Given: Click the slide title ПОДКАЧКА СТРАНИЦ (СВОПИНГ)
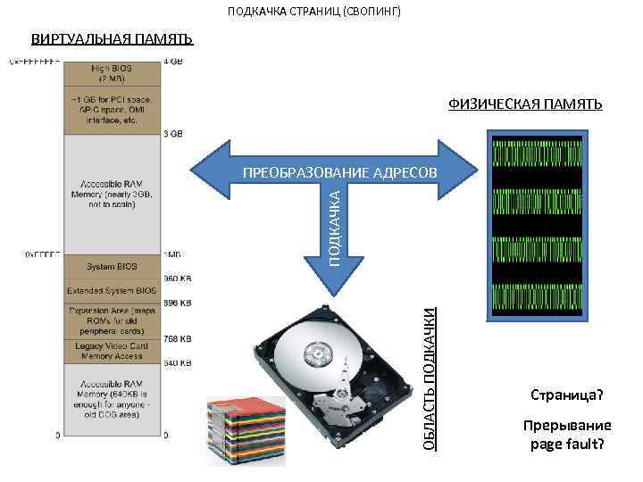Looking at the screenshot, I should (314, 12).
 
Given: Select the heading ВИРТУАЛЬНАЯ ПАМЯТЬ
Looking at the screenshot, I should (112, 39).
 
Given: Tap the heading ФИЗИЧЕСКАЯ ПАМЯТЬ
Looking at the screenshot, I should (525, 104).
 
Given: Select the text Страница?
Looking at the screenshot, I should (567, 394).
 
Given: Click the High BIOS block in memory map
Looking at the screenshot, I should (112, 72).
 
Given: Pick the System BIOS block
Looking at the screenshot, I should (112, 266).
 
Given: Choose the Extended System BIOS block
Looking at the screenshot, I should (112, 291).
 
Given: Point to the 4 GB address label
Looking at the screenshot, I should (173, 62).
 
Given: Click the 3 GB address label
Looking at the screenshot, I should (173, 134).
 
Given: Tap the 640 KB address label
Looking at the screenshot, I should (178, 363).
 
